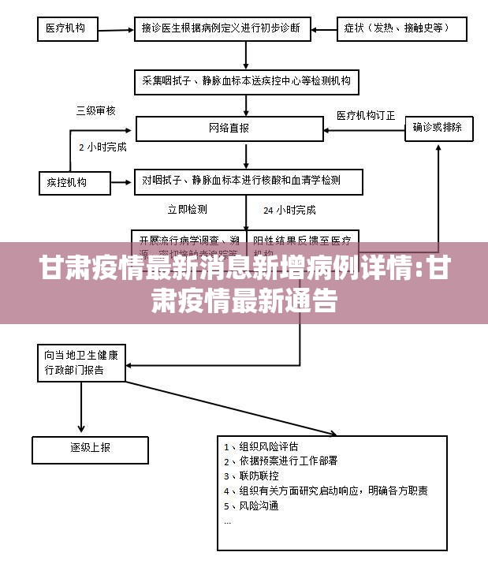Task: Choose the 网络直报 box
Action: pyautogui.click(x=229, y=129)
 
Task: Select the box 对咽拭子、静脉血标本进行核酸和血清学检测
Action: pyautogui.click(x=248, y=181)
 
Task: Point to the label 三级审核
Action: pyautogui.click(x=95, y=111)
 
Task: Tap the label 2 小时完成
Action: pyautogui.click(x=102, y=147)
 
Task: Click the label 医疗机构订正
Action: pyautogui.click(x=366, y=115)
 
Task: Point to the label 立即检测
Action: pyautogui.click(x=188, y=210)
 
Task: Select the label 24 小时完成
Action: pyautogui.click(x=289, y=210)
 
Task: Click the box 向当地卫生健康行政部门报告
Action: pyautogui.click(x=80, y=363)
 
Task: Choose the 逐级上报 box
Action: pyautogui.click(x=80, y=448)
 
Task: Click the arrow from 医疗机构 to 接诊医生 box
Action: pyautogui.click(x=115, y=30)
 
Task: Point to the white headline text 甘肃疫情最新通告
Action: pyautogui.click(x=244, y=300)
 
